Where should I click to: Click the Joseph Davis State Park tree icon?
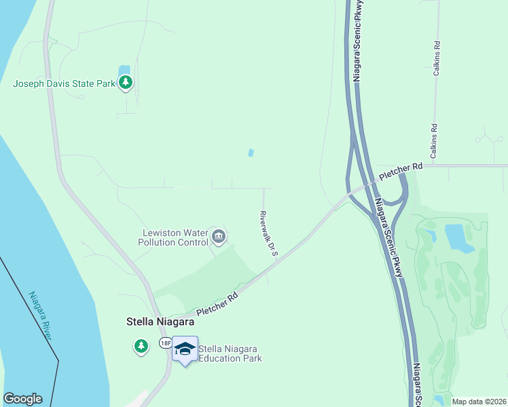[x=126, y=83]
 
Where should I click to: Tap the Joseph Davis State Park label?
[x=64, y=84]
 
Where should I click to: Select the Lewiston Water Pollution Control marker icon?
[x=219, y=237]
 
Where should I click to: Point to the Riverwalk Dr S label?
[x=269, y=233]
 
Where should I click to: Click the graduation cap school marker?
[x=185, y=349]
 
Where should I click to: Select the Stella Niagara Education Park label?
[x=230, y=353]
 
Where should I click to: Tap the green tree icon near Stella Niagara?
[x=141, y=346]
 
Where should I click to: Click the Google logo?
[x=22, y=399]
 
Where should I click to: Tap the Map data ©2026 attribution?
[x=479, y=402]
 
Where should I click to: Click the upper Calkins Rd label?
[x=437, y=58]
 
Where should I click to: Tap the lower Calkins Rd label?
[x=433, y=138]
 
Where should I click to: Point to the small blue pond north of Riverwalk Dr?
[x=251, y=153]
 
